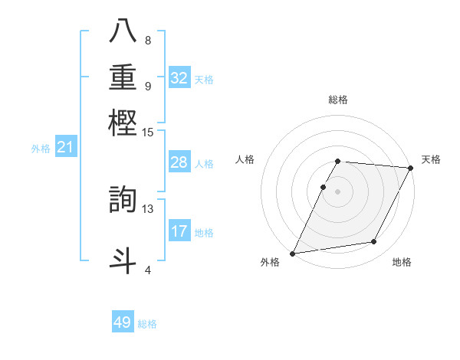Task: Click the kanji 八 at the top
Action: coord(123,32)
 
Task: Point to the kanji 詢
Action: coord(123,199)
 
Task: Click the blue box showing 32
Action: coord(179,78)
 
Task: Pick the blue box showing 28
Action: coord(179,162)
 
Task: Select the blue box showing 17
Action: coord(179,231)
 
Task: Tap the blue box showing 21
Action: coord(65,148)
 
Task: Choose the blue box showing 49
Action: coord(123,322)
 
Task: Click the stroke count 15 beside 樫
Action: coord(148,133)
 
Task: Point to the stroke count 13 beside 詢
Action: coord(148,209)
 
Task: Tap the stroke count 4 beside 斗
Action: coord(148,270)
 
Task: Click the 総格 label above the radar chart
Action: coord(338,100)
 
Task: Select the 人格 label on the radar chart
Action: coord(245,159)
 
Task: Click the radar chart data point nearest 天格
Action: coord(411,168)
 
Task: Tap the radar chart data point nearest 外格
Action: coord(293,254)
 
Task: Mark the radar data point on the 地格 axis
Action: coord(374,242)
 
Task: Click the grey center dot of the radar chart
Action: coord(338,191)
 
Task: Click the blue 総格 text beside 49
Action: coord(147,324)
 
